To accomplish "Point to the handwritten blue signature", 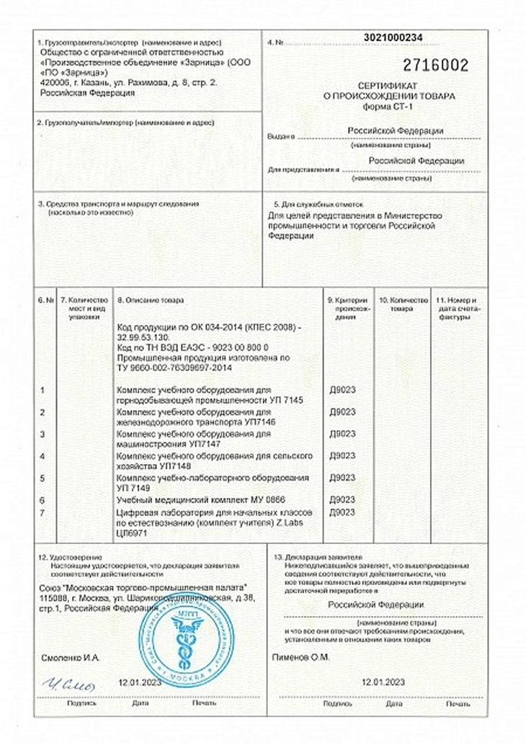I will click(68, 684).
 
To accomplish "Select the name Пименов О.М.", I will click(301, 657).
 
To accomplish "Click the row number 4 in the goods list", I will click(43, 456).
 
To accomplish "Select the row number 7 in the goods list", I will click(43, 512).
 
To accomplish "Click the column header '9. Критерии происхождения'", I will click(349, 308).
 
